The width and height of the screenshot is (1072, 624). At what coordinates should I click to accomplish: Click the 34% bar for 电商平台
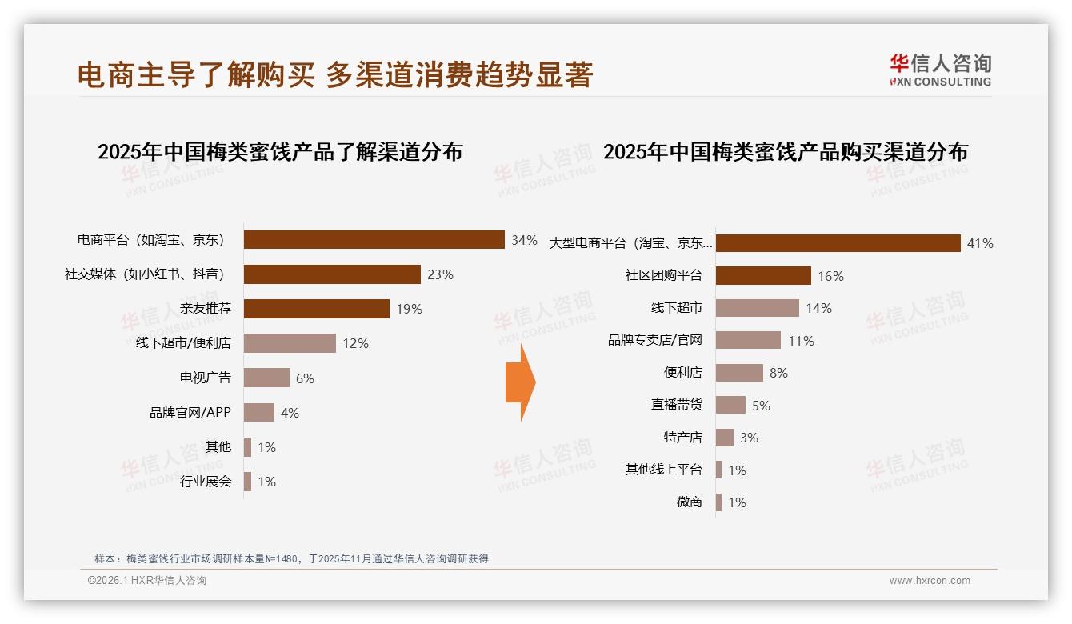point(374,240)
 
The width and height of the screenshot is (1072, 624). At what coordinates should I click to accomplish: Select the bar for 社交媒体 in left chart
point(332,274)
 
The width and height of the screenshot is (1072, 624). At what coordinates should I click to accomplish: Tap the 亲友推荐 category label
point(206,309)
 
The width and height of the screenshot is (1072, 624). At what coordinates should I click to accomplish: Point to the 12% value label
point(355,343)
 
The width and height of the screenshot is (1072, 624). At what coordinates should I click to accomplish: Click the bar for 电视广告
point(266,378)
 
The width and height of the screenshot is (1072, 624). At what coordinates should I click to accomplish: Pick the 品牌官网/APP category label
point(190,413)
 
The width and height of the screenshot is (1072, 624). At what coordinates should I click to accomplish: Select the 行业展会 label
point(206,482)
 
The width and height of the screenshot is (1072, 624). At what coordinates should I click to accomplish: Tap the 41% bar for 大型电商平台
point(838,243)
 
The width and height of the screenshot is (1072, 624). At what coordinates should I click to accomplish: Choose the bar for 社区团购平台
point(763,276)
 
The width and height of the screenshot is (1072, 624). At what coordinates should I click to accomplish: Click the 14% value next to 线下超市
point(818,308)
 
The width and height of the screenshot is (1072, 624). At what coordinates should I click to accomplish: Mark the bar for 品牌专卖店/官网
point(748,340)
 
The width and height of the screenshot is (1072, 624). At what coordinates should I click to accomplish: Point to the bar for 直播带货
point(730,405)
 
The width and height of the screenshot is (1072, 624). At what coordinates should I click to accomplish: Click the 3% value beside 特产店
point(749,438)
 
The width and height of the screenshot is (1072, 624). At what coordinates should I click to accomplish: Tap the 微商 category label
point(689,502)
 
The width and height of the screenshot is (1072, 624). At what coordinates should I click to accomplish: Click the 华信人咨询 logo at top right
point(940,70)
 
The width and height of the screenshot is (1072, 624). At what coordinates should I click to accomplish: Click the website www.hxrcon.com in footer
point(930,581)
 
